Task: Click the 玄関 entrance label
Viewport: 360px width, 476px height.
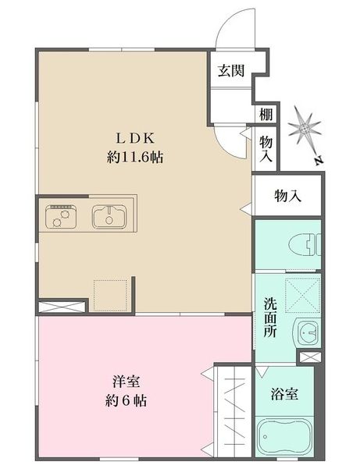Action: pyautogui.click(x=231, y=71)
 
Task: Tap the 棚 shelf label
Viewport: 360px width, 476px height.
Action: pyautogui.click(x=266, y=114)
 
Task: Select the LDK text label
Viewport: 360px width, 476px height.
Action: pyautogui.click(x=135, y=138)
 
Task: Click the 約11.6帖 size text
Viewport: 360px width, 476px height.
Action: pyautogui.click(x=135, y=158)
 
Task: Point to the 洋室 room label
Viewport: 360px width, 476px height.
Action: pyautogui.click(x=126, y=382)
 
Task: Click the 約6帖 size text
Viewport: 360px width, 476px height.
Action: pyautogui.click(x=126, y=401)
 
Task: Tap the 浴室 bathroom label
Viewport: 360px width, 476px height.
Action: pyautogui.click(x=284, y=394)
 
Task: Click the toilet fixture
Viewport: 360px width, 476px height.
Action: pyautogui.click(x=305, y=245)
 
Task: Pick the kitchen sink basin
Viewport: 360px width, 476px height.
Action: pyautogui.click(x=109, y=216)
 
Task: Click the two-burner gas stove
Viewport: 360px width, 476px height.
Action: pyautogui.click(x=60, y=216)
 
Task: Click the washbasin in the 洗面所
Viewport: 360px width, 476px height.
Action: pyautogui.click(x=307, y=332)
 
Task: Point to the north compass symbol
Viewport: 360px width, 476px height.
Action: pyautogui.click(x=305, y=129)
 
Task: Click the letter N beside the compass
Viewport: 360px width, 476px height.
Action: pyautogui.click(x=318, y=161)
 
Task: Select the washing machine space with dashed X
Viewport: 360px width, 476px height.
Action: pyautogui.click(x=302, y=295)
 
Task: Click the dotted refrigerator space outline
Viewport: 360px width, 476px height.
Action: pyautogui.click(x=111, y=295)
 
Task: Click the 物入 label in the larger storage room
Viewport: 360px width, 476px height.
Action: pyautogui.click(x=287, y=196)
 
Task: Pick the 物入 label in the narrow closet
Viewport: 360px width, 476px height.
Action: pyautogui.click(x=266, y=148)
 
